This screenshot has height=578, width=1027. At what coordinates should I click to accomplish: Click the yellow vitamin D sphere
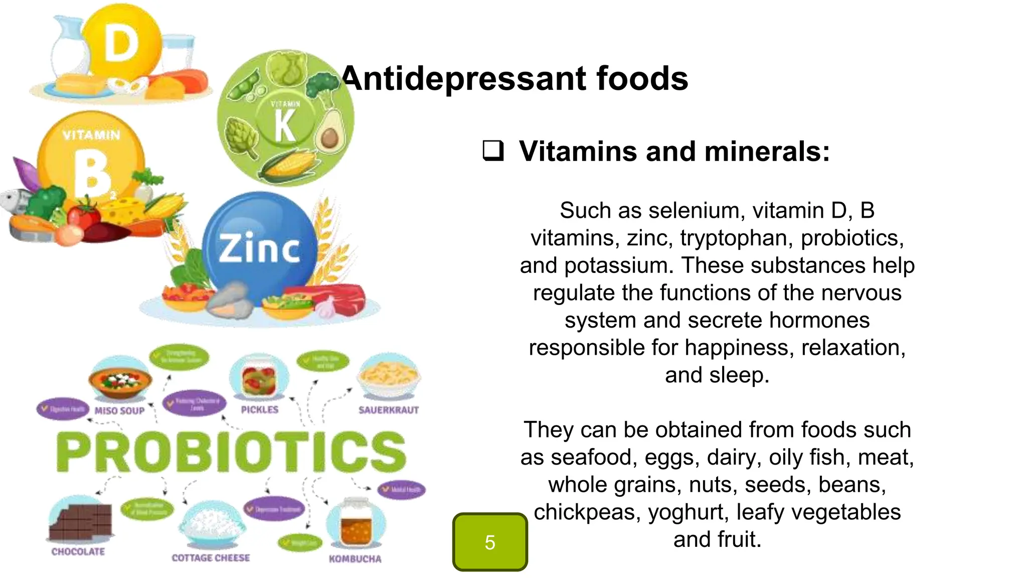click(122, 43)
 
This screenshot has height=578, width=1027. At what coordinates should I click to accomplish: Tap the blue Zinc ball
click(259, 248)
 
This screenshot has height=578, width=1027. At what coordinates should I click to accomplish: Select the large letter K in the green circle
click(285, 126)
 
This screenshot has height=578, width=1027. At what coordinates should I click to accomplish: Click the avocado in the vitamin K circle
click(328, 130)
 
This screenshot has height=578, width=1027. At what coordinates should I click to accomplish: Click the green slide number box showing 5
click(490, 542)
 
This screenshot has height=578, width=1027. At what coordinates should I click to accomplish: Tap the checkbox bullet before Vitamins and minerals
click(493, 151)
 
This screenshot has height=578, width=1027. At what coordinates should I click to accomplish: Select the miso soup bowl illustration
click(120, 381)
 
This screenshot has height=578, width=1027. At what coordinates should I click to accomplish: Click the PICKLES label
click(259, 410)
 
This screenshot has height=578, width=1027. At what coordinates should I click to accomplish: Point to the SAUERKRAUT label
click(389, 410)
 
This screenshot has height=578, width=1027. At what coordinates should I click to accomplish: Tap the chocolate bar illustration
click(80, 522)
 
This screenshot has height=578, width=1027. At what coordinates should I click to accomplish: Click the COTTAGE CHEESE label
click(211, 558)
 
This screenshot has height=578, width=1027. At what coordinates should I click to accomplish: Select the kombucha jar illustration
click(356, 524)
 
